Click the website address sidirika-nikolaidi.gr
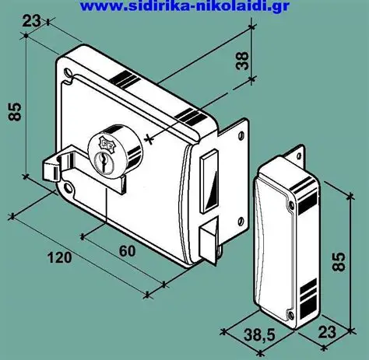tap(184, 5)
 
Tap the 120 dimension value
tap(59, 257)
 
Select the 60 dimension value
tap(127, 251)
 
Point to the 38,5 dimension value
tap(259, 335)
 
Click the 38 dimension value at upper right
tap(242, 61)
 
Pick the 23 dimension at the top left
tap(32, 21)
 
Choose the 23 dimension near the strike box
tap(327, 332)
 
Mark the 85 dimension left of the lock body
tap(15, 112)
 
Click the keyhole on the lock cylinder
tap(102, 162)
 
